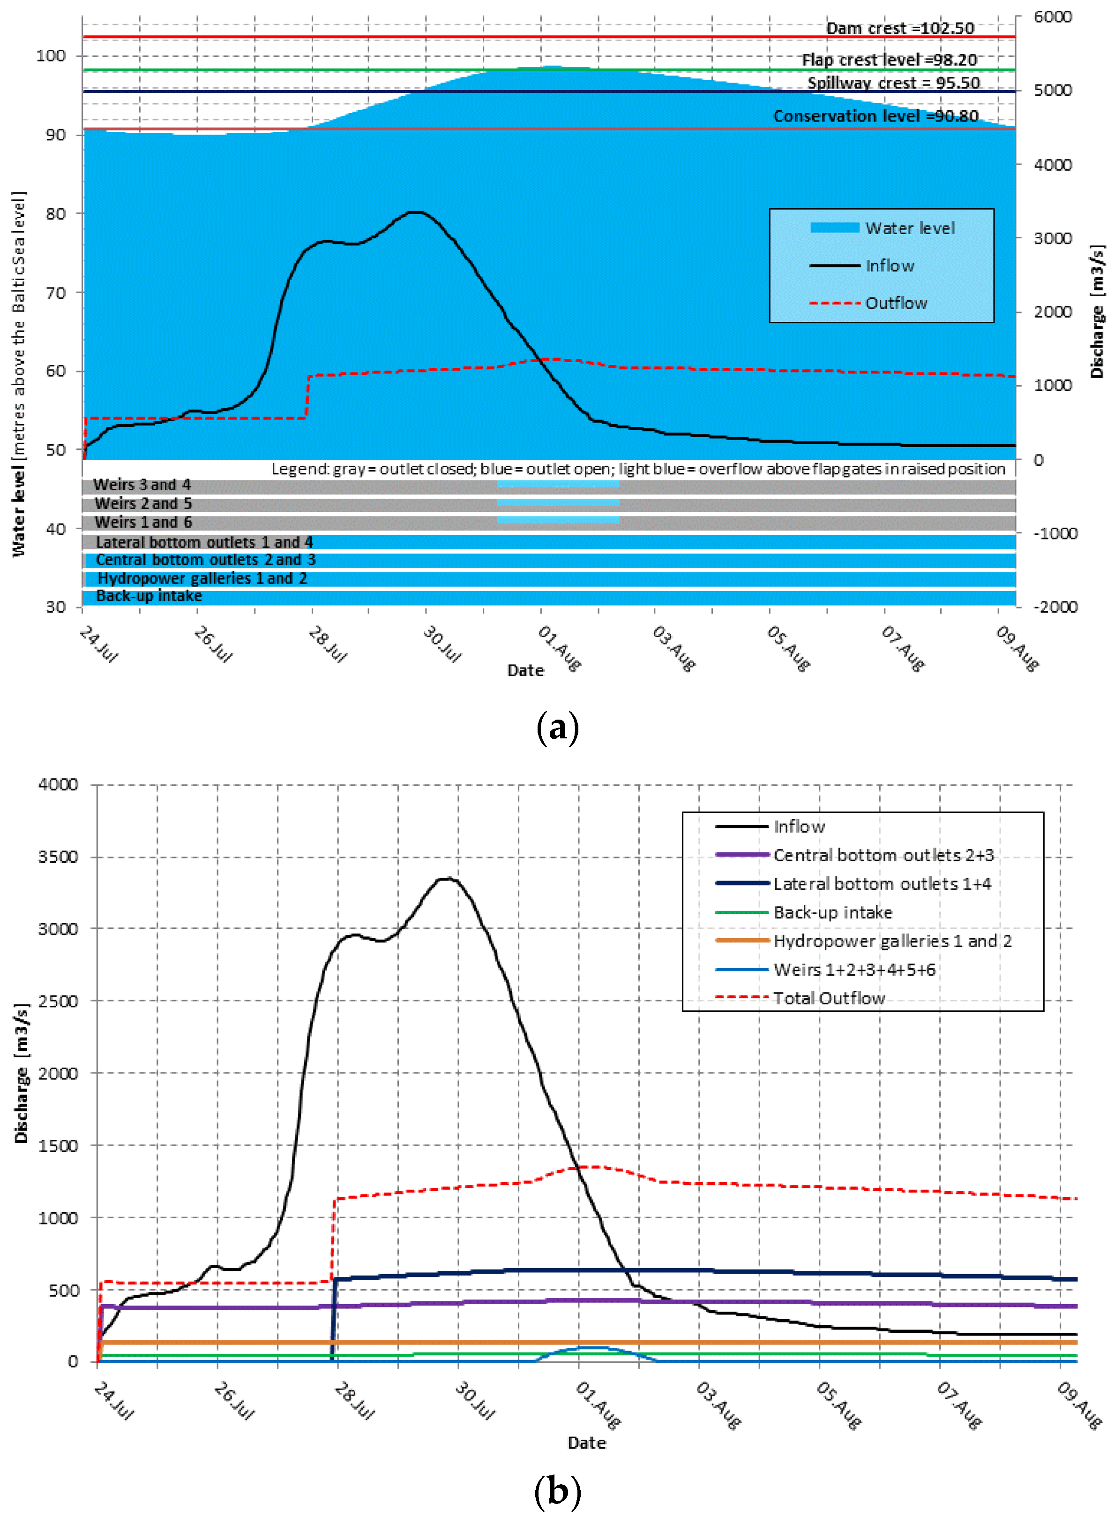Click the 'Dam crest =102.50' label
pos(900,28)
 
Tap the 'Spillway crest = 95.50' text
pos(893,83)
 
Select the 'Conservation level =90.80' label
pos(876,116)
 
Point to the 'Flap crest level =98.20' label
pos(889,60)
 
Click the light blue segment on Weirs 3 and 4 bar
pos(558,484)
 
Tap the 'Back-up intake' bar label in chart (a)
pos(149,596)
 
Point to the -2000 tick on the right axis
pos(1055,607)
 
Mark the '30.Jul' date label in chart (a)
pos(442,645)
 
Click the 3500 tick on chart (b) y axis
pos(58,857)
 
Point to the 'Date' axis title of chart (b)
pos(586,1443)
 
